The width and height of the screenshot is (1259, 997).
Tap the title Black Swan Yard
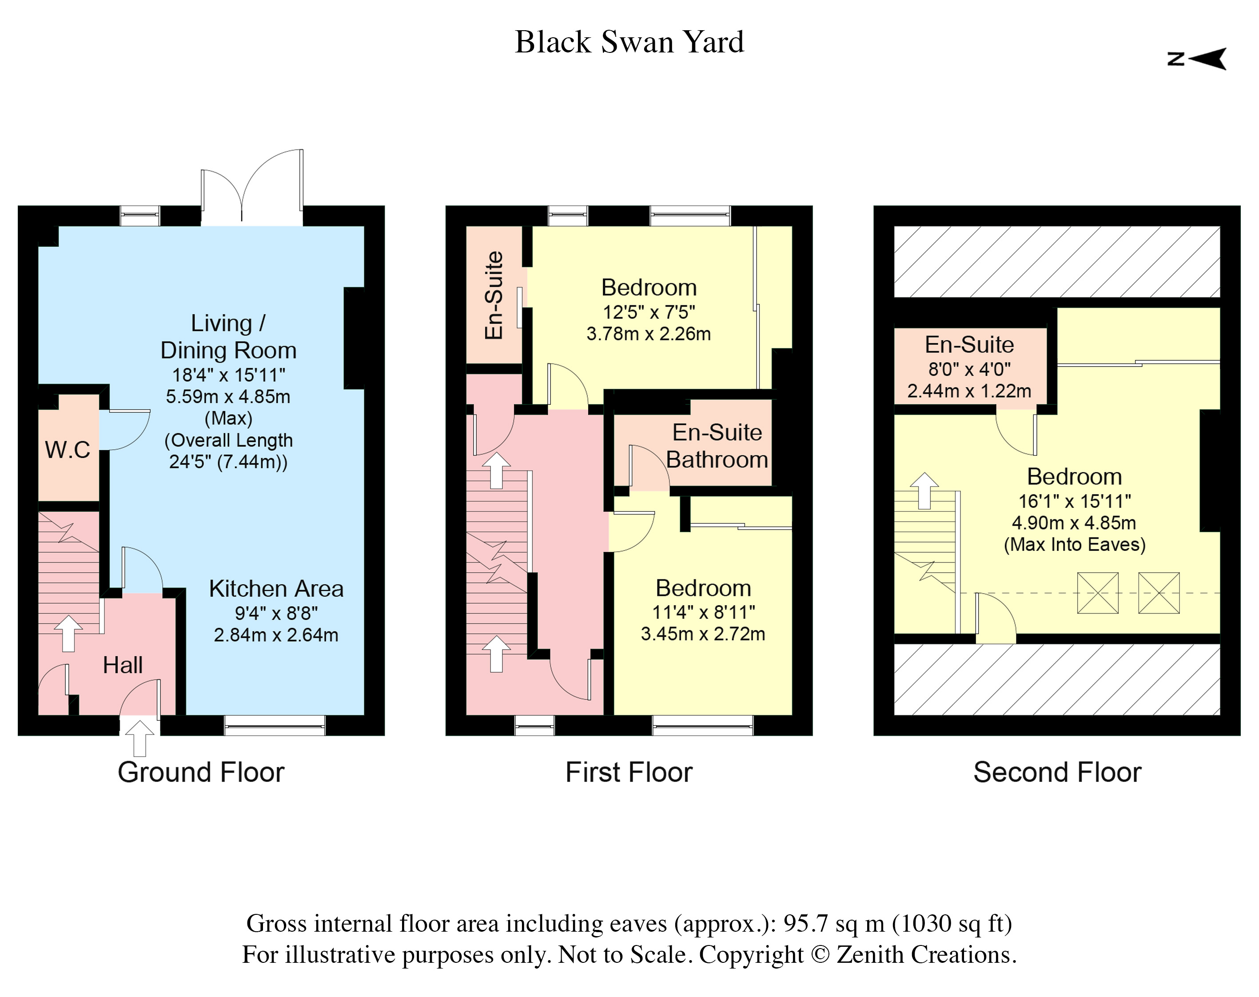(x=629, y=42)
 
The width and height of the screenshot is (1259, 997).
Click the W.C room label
(x=68, y=450)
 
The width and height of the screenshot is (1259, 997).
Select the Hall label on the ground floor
(x=123, y=665)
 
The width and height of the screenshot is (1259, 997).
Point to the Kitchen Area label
(x=276, y=588)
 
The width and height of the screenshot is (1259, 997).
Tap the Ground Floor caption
(x=201, y=772)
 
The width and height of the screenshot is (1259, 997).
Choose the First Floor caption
(x=629, y=772)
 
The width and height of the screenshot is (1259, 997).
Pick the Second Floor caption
(x=1057, y=772)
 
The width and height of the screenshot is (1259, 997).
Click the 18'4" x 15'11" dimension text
(x=228, y=375)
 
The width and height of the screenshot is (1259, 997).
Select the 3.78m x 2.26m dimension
(x=649, y=334)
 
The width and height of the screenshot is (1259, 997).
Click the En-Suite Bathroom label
(x=717, y=446)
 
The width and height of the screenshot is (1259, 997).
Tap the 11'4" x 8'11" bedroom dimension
(x=703, y=612)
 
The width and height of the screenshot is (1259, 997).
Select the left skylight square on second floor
(x=1098, y=593)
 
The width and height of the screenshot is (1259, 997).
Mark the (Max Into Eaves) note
(x=1075, y=545)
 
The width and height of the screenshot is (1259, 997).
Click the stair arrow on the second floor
(x=924, y=491)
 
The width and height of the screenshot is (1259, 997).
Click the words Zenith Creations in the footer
(x=926, y=955)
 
